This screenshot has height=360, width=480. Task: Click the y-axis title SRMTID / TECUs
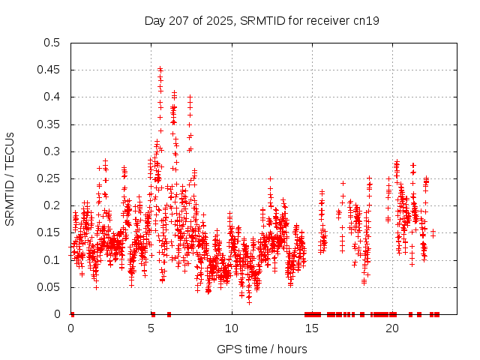click(10, 178)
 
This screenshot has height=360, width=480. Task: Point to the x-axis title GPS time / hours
click(262, 349)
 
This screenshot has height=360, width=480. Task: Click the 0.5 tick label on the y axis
click(52, 43)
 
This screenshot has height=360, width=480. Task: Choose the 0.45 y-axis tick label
click(49, 70)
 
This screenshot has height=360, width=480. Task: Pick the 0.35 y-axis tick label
click(49, 124)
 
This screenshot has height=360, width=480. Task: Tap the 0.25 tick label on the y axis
click(49, 178)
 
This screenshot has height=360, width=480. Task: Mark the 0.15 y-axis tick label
click(49, 232)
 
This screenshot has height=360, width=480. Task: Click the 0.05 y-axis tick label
click(49, 287)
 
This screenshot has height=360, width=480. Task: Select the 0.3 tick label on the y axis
click(52, 151)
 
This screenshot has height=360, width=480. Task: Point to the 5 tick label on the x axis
click(151, 328)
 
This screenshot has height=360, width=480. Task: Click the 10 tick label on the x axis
click(232, 328)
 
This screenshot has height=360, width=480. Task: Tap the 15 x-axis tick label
click(312, 328)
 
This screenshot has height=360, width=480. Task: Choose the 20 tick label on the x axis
click(392, 328)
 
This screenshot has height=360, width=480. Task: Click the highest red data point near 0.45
click(160, 69)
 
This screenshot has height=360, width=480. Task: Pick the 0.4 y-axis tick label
click(52, 97)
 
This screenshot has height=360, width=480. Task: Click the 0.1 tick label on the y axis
click(52, 260)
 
